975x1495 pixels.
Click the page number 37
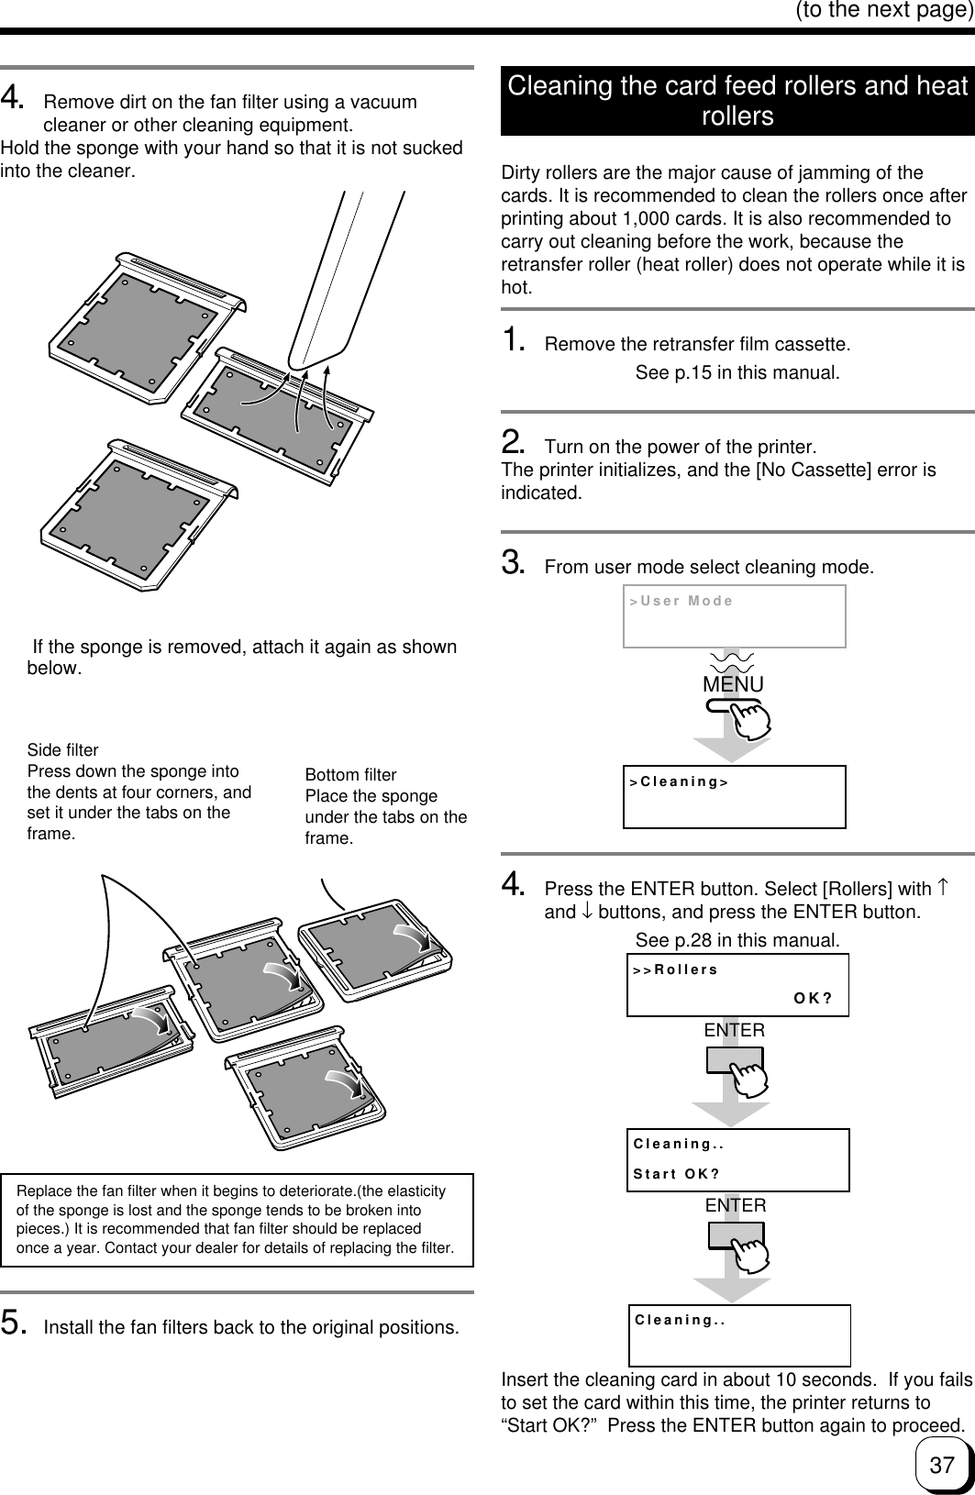(x=942, y=1465)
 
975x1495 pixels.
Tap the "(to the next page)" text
(x=885, y=10)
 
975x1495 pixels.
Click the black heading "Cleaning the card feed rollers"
(x=737, y=100)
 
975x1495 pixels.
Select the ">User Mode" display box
(x=734, y=616)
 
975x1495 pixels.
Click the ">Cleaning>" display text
(x=679, y=781)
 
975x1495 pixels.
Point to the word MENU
(x=733, y=684)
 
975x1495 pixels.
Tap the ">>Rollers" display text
(x=675, y=969)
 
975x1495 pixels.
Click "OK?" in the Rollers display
(x=813, y=999)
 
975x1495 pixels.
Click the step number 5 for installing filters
(x=14, y=1323)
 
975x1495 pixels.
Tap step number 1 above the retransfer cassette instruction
(x=514, y=339)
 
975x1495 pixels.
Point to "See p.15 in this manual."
(x=737, y=372)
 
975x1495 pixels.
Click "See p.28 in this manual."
(x=737, y=940)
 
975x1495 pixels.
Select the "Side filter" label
(x=62, y=750)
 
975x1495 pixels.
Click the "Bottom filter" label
(x=350, y=775)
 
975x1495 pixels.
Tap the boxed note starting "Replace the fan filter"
(x=237, y=1220)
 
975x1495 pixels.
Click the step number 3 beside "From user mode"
(x=514, y=562)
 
